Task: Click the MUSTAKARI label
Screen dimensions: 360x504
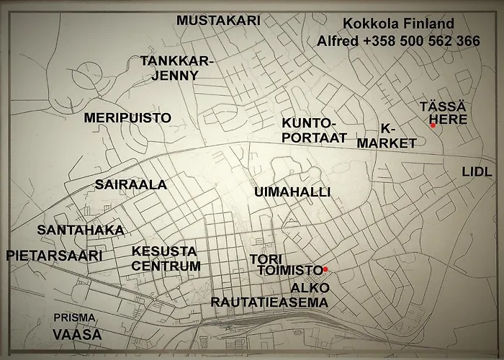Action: [218, 20]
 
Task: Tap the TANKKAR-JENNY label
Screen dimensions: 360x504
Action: [178, 69]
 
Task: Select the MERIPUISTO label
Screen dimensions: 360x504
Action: [127, 117]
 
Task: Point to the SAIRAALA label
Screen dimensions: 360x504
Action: [131, 184]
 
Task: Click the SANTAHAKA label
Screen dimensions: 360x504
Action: [81, 230]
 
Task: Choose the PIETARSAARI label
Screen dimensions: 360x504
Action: [54, 255]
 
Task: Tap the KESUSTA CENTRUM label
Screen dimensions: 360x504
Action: [166, 258]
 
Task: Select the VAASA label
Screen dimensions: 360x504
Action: [77, 334]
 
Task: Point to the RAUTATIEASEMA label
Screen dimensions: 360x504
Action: [269, 302]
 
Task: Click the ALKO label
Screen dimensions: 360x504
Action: [310, 287]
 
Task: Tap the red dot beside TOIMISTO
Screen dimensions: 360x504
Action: [325, 269]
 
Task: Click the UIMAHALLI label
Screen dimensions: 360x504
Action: [292, 192]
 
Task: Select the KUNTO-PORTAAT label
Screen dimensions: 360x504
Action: [314, 130]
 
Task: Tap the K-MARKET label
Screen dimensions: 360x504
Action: [387, 135]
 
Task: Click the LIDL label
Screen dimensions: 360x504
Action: [477, 171]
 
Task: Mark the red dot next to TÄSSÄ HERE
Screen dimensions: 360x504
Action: [433, 125]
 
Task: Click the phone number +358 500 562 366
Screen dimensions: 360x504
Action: [421, 42]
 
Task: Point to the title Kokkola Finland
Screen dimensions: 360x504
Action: [398, 24]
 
